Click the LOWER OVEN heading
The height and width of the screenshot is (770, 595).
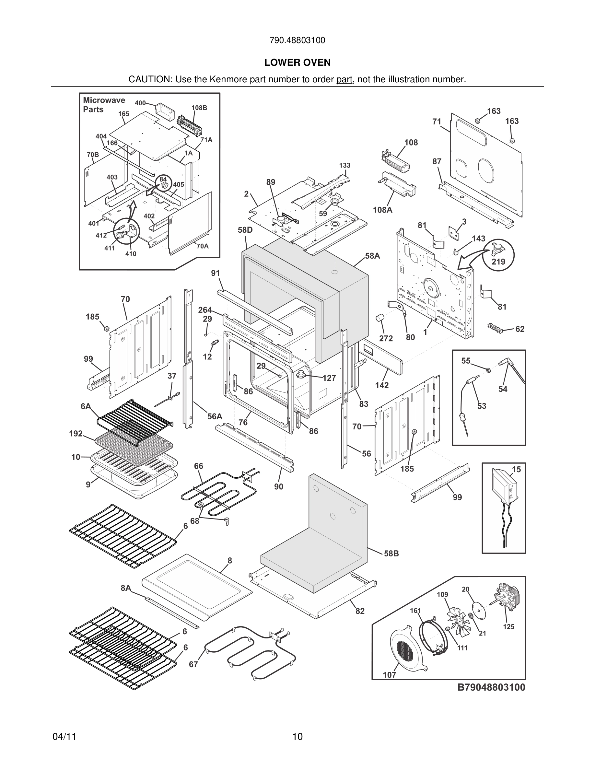(x=297, y=63)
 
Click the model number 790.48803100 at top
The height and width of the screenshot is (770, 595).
(x=297, y=41)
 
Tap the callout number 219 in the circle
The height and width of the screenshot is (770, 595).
(x=498, y=262)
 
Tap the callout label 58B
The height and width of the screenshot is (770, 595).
(x=391, y=554)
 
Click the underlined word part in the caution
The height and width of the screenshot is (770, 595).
(x=344, y=80)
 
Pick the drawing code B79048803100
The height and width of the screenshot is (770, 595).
(x=491, y=687)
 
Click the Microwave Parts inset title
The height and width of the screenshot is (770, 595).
(x=104, y=105)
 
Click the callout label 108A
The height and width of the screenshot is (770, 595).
(x=382, y=210)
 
